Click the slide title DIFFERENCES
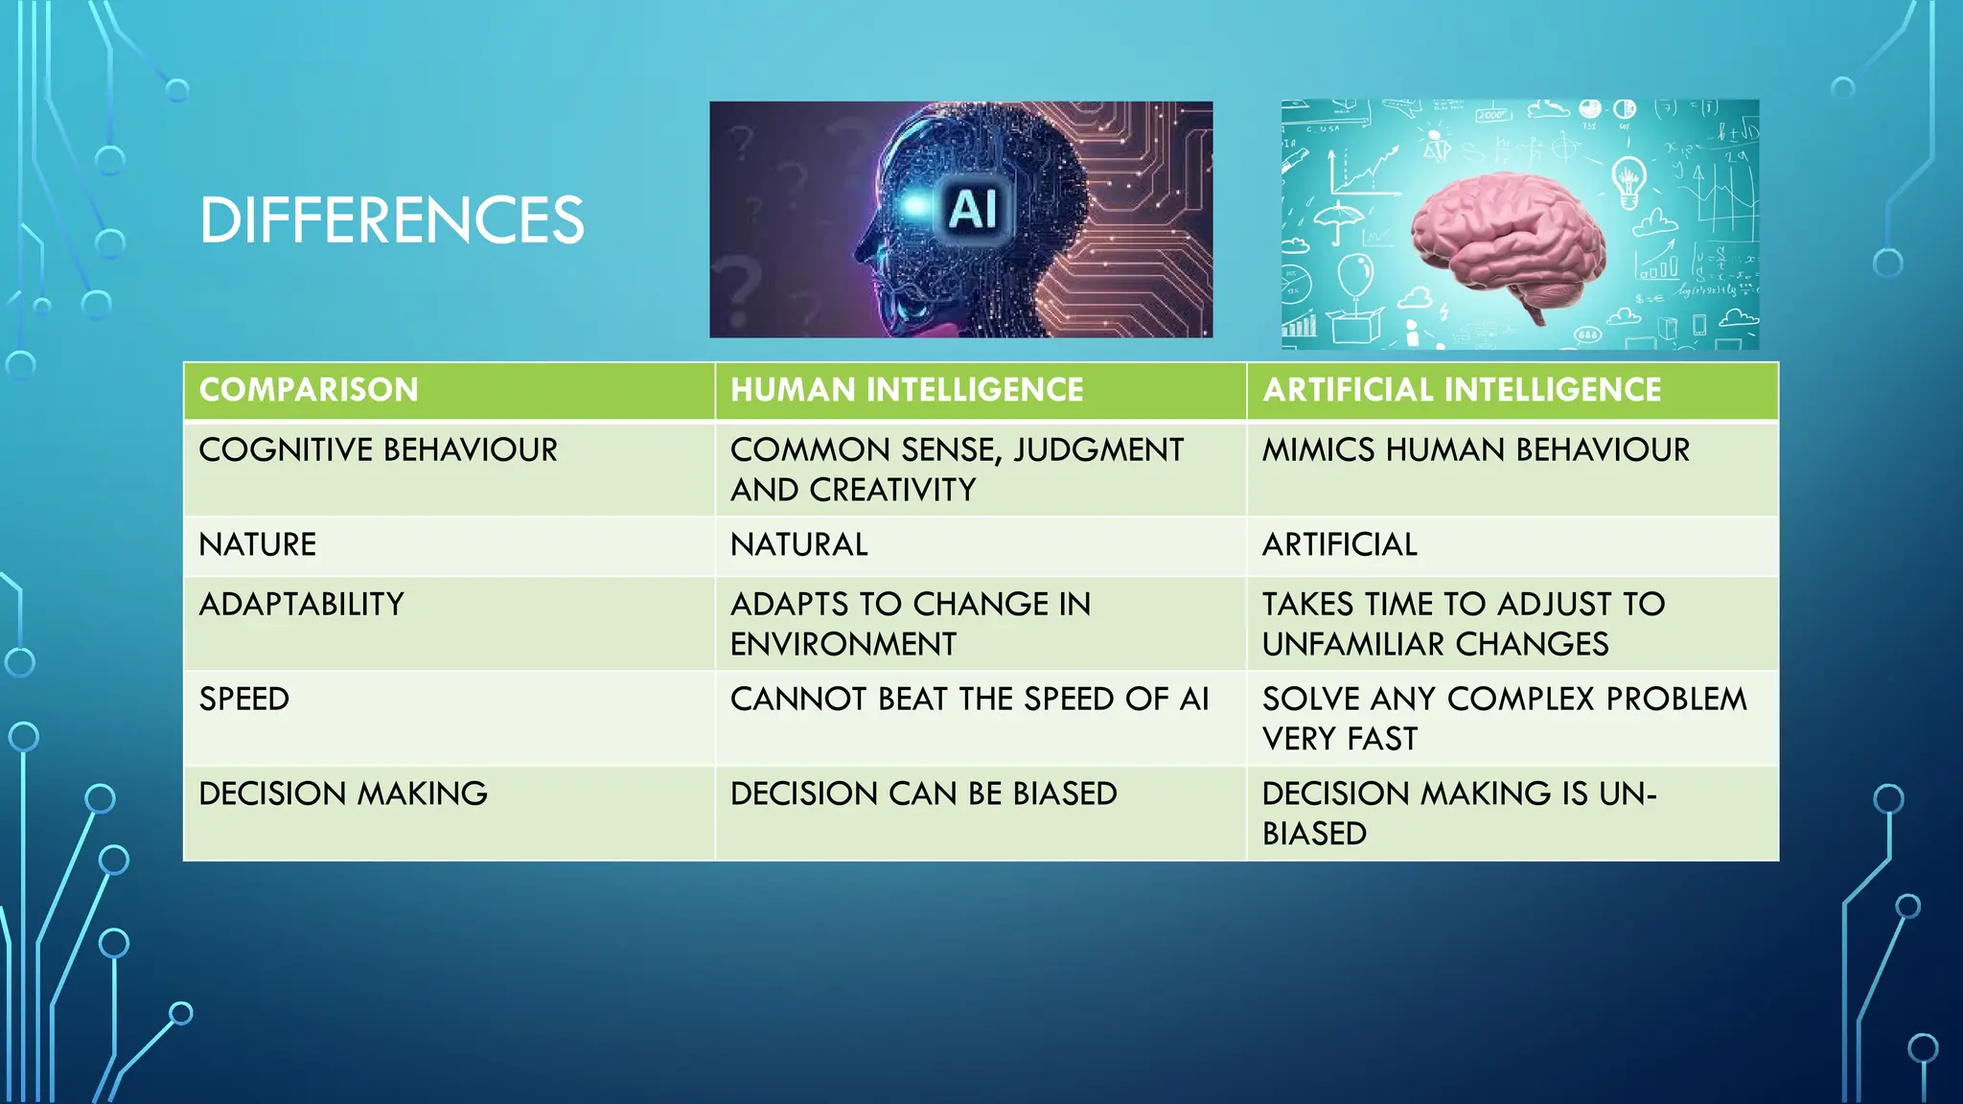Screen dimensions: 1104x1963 coord(391,219)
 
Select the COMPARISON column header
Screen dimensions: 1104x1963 coord(309,390)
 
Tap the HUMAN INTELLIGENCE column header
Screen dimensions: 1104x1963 coord(907,390)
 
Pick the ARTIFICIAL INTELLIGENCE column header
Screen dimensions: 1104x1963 coord(1462,390)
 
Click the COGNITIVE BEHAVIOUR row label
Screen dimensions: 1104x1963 coord(378,449)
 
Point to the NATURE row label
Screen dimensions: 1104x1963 coord(257,544)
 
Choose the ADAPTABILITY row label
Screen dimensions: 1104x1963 coord(301,604)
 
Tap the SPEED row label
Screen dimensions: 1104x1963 coord(243,699)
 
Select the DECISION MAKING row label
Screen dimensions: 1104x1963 coord(343,793)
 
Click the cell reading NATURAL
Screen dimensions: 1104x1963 coord(798,544)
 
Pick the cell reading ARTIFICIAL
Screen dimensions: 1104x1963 coord(1339,544)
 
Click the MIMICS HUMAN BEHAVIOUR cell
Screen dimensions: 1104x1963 coord(1475,449)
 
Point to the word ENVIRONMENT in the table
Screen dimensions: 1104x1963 coord(843,644)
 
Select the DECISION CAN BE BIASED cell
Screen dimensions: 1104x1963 coord(923,793)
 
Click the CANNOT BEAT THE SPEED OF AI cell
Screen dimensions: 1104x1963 coord(969,699)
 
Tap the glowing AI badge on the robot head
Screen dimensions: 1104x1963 coord(973,209)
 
